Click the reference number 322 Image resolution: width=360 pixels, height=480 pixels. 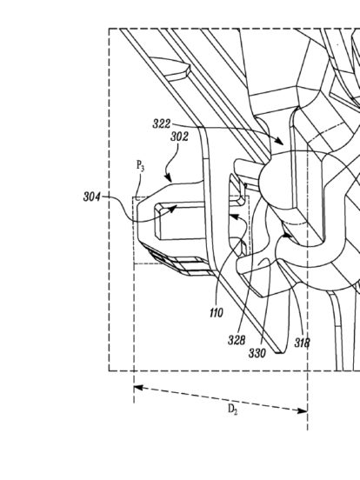[162, 124]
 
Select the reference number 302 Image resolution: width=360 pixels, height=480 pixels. [179, 137]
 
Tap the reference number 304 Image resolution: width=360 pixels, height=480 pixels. [91, 197]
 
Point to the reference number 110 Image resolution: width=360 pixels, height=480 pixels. [217, 313]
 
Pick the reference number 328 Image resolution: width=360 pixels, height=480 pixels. [237, 340]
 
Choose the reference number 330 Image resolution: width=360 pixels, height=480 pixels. [257, 353]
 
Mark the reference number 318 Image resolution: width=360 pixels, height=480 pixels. [302, 343]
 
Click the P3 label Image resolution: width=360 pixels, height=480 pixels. [140, 166]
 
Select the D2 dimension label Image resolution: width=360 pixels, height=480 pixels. [233, 410]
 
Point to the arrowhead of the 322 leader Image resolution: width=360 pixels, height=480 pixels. [280, 143]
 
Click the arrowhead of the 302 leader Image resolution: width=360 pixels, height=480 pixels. [169, 179]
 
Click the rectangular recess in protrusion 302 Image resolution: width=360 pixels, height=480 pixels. [180, 221]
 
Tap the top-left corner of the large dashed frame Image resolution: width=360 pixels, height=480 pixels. [109, 29]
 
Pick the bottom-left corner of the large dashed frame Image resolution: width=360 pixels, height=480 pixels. [109, 371]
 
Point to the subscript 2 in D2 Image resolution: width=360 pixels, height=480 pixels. [236, 412]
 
